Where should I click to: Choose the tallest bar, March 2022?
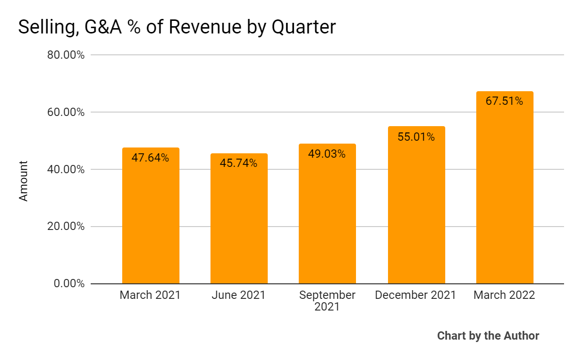(x=504, y=194)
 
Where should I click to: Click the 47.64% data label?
(x=150, y=158)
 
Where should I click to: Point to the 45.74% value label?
(x=239, y=164)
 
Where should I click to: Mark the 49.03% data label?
(x=327, y=154)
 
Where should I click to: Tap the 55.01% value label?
(x=416, y=137)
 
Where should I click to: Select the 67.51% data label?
(x=504, y=101)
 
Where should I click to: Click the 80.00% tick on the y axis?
(x=66, y=55)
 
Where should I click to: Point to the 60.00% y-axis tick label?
(x=66, y=112)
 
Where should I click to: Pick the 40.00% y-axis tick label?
(x=66, y=169)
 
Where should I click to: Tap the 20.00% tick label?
(x=66, y=227)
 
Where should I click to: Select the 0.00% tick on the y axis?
(x=69, y=283)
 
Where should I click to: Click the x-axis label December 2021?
(x=416, y=295)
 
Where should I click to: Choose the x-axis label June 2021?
(x=239, y=295)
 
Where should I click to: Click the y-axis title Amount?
(x=23, y=181)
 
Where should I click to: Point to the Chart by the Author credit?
(x=488, y=336)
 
